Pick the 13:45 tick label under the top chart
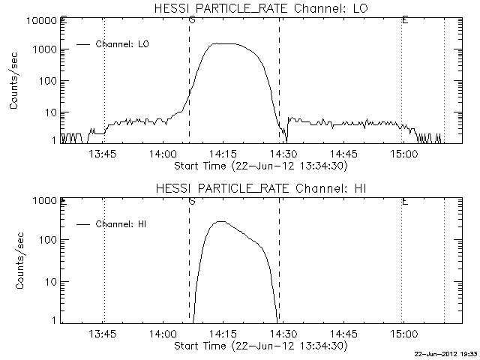103,154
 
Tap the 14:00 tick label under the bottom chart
163,335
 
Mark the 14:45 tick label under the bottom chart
343,335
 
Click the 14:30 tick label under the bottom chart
283,335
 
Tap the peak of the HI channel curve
220,221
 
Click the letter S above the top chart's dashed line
192,19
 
